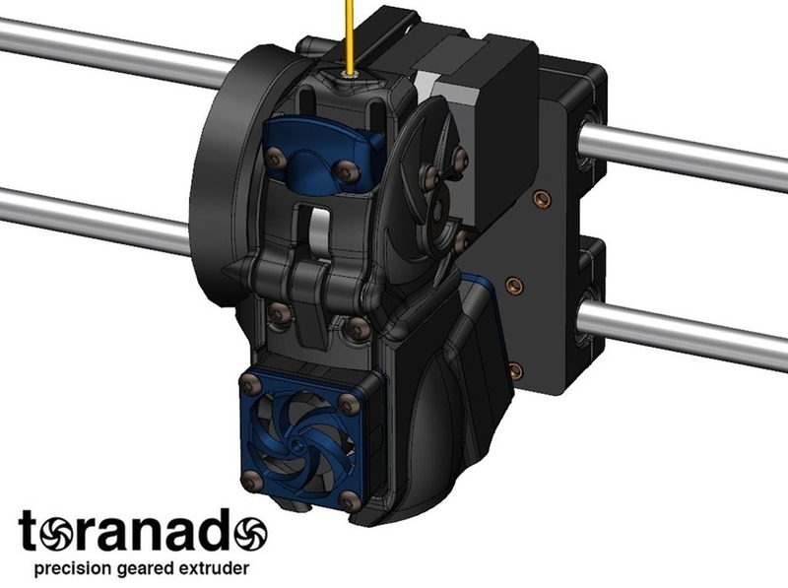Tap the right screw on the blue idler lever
click(343, 170)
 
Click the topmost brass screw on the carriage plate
click(539, 199)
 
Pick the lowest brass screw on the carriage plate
click(513, 369)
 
